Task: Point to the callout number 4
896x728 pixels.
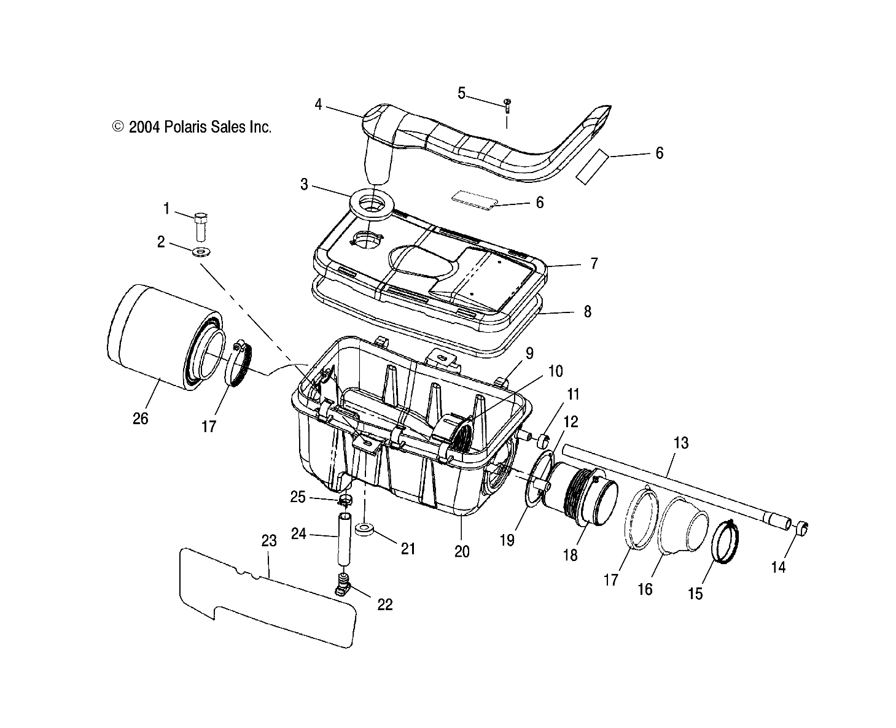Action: coord(318,104)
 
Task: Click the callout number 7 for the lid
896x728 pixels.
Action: coord(593,264)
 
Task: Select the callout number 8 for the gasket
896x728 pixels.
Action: coord(587,312)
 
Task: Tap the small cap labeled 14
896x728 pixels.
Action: coord(802,528)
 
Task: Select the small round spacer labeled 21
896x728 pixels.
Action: coord(365,529)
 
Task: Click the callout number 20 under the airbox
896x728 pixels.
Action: coord(462,551)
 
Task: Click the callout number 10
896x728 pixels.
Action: coord(555,371)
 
